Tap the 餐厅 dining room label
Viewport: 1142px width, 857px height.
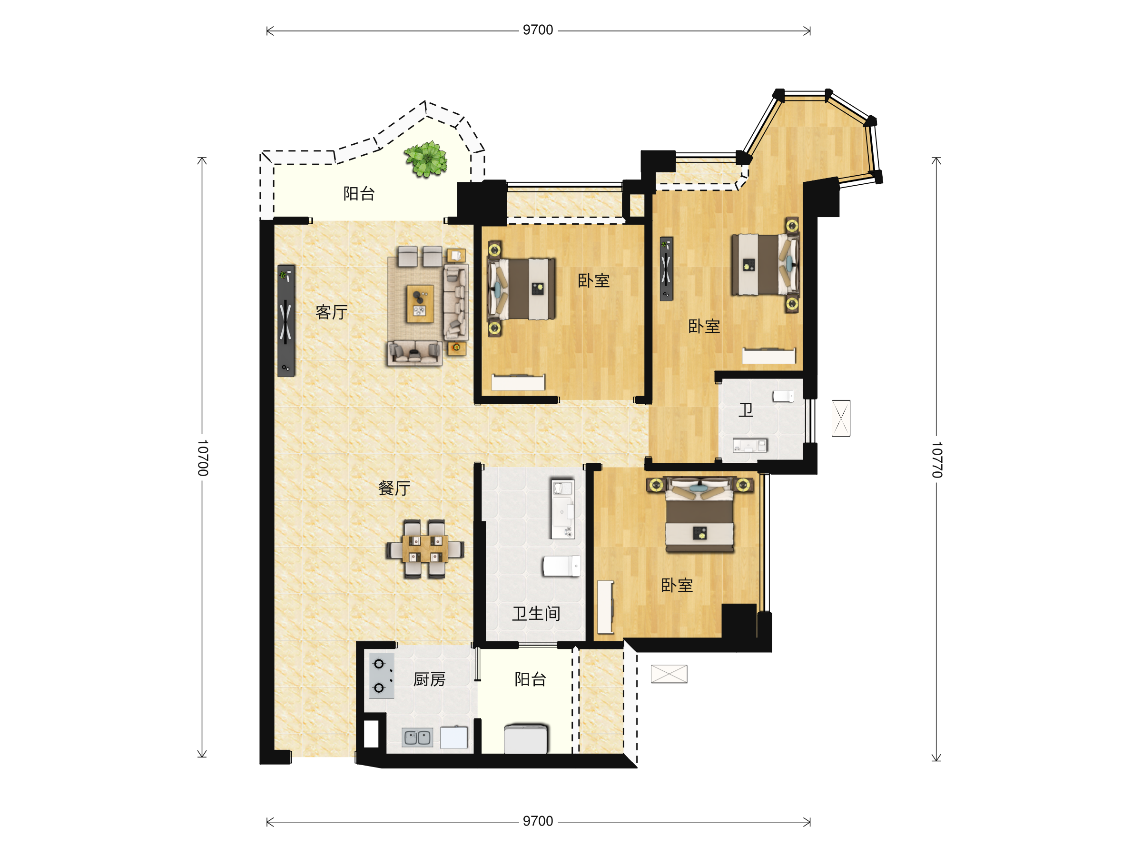[394, 488]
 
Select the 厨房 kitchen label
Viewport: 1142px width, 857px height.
[429, 679]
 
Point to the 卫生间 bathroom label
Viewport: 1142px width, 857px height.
[536, 614]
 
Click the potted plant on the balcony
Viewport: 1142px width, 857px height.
[426, 159]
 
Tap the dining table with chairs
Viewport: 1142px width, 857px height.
[425, 549]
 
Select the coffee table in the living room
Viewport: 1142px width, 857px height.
[420, 304]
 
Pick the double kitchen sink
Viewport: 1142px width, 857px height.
[417, 737]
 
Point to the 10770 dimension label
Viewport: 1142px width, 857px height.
[936, 459]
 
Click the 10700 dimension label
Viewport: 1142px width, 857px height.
[202, 458]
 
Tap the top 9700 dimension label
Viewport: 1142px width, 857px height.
[538, 30]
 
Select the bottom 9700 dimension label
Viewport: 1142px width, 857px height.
[538, 821]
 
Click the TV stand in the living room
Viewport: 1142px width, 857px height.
[286, 321]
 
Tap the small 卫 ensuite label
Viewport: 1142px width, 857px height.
[746, 410]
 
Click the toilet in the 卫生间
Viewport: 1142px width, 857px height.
[561, 566]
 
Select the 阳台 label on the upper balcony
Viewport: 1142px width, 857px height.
[359, 194]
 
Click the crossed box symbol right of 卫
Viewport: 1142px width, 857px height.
[841, 419]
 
